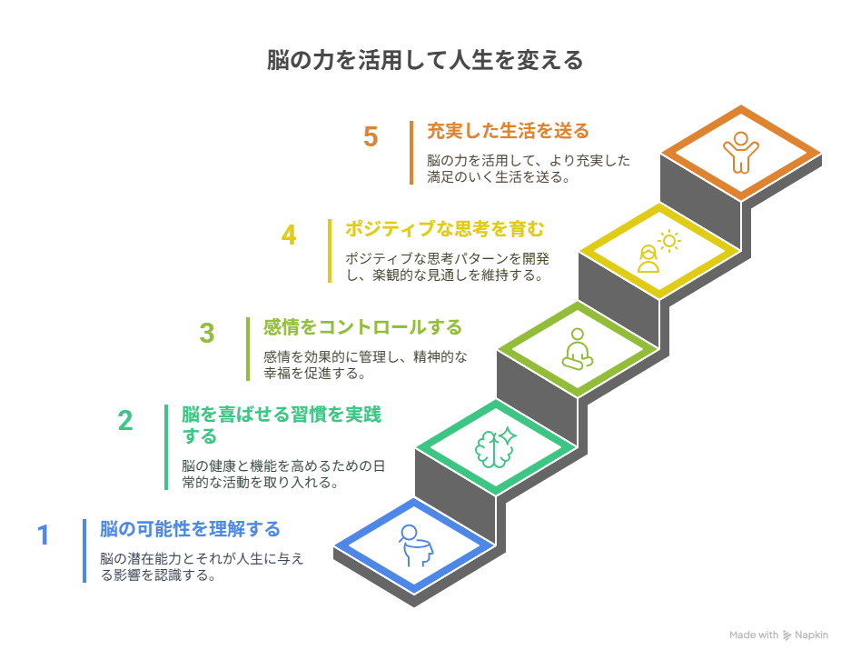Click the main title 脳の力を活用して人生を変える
(425, 60)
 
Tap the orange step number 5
(371, 137)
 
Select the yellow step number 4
(289, 235)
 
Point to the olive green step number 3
(207, 334)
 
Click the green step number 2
(125, 420)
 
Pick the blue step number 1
(44, 535)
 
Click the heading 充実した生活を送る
(508, 131)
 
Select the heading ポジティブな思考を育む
(444, 229)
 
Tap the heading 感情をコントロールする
(362, 327)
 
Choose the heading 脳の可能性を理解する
(190, 529)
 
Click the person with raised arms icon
(741, 153)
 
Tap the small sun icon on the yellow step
(669, 241)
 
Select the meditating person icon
(578, 349)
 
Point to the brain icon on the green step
(493, 449)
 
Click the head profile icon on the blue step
(416, 545)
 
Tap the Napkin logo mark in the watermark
(787, 635)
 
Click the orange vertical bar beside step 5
(411, 153)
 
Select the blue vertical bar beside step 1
(84, 551)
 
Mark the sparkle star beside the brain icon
(508, 435)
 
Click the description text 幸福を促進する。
(314, 374)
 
